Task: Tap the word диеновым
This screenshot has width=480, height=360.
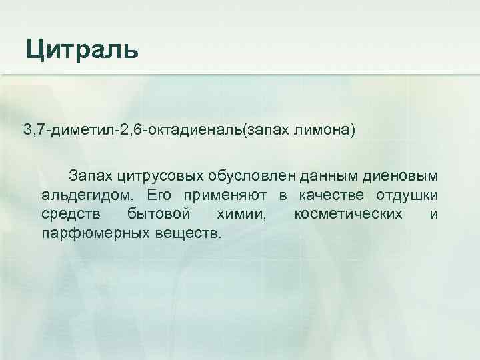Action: (403, 176)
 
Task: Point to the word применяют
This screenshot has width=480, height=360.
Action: (223, 195)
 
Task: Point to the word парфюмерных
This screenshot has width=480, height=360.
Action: (89, 234)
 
